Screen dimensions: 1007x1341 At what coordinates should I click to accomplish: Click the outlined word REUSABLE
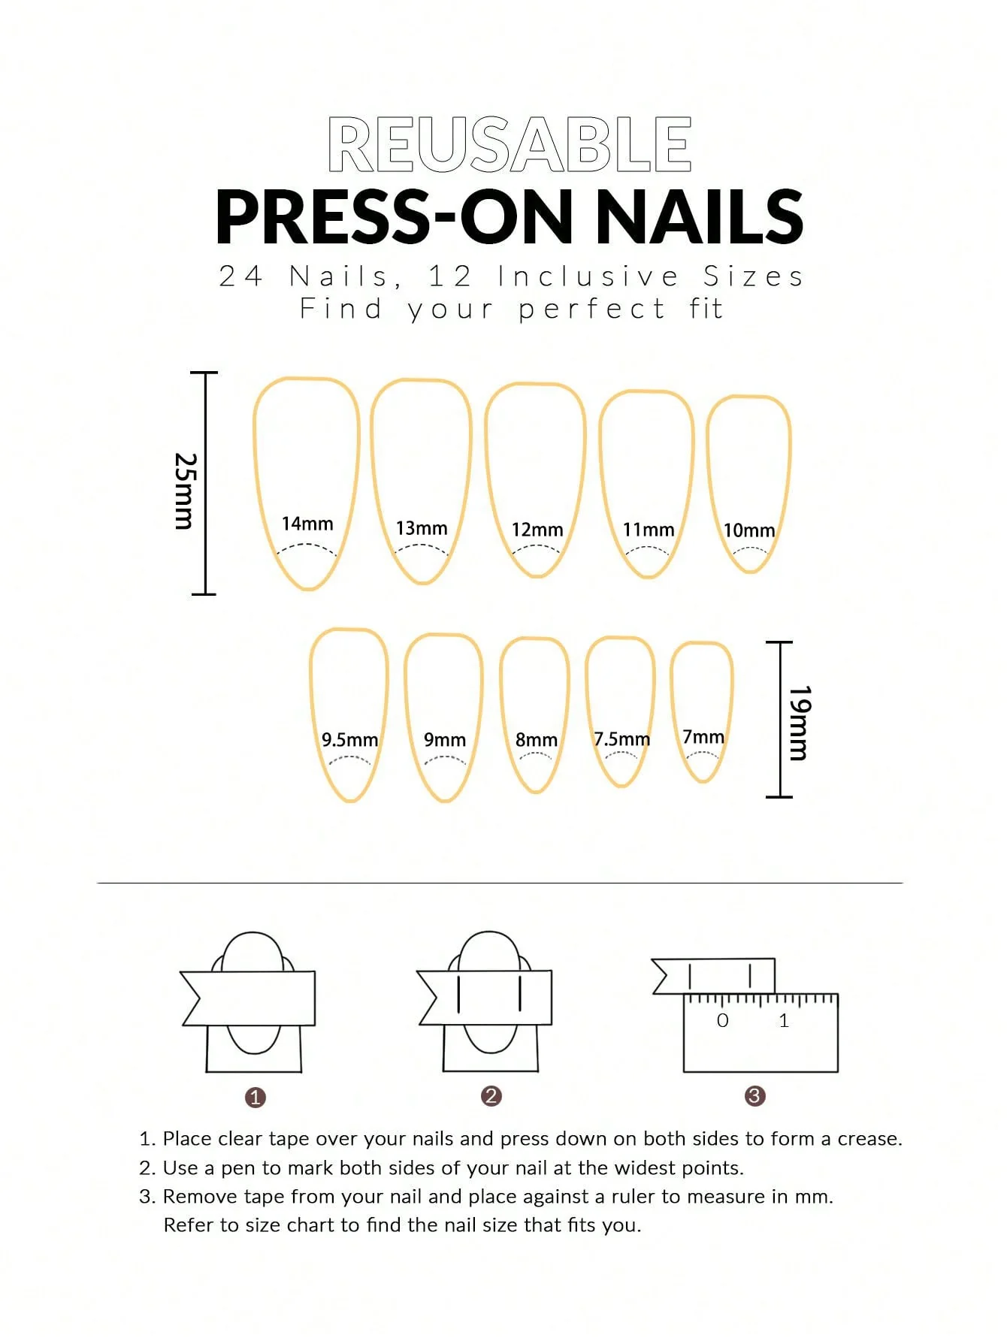coord(510,145)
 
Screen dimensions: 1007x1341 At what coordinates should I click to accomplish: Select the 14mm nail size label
coord(307,524)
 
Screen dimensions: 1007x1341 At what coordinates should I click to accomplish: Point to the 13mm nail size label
coord(422,528)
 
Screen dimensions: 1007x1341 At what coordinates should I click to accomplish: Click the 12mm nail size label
coord(537,530)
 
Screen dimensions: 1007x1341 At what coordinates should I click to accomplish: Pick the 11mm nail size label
coord(649,530)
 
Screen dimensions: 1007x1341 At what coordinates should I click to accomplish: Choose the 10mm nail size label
coord(749,530)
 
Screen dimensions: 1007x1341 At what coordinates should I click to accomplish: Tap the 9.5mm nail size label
coord(350,740)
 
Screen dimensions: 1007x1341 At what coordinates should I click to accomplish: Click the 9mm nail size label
coord(445,740)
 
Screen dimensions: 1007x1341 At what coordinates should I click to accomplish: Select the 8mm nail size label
coord(537,740)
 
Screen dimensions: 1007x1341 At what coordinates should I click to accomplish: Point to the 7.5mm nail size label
coord(622,739)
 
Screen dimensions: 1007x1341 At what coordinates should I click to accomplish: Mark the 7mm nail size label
coord(703,737)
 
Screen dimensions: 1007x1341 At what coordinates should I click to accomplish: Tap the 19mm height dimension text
coord(799,723)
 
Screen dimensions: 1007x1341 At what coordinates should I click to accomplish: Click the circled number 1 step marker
coord(256,1098)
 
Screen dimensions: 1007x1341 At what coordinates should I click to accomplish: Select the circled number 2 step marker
coord(491,1096)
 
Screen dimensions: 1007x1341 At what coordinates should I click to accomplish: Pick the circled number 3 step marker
coord(754,1096)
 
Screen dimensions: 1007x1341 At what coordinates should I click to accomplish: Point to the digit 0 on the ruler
coord(723,1020)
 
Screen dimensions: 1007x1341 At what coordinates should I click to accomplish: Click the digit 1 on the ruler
coord(784,1020)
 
